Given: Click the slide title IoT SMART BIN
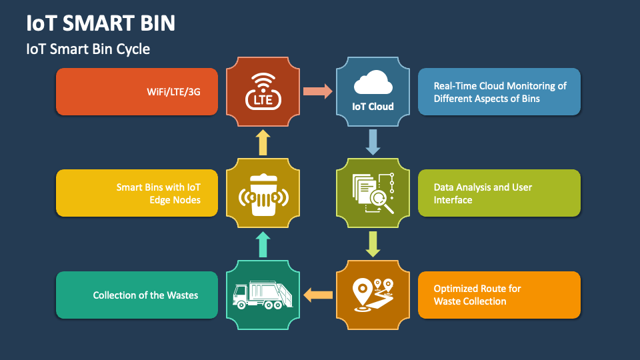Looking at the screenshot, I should pyautogui.click(x=101, y=23).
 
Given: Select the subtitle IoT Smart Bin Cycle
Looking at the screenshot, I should pyautogui.click(x=88, y=49).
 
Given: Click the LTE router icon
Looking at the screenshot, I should pyautogui.click(x=263, y=92).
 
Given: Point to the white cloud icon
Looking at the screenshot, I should pyautogui.click(x=373, y=84).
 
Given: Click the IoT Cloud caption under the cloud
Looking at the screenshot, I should pyautogui.click(x=373, y=106).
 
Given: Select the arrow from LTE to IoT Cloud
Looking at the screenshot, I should pyautogui.click(x=318, y=91).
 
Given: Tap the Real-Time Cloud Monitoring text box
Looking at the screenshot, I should pyautogui.click(x=499, y=92).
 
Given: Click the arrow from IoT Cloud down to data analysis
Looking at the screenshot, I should pyautogui.click(x=373, y=141).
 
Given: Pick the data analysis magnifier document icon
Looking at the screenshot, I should pyautogui.click(x=373, y=193).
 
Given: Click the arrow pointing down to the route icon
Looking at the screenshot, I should pyautogui.click(x=373, y=243).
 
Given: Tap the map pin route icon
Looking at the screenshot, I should pyautogui.click(x=373, y=294).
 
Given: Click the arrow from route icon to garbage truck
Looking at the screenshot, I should pyautogui.click(x=318, y=294).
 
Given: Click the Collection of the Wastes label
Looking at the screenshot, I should pyautogui.click(x=145, y=295).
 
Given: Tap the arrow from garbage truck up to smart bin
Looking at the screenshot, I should pyautogui.click(x=263, y=244).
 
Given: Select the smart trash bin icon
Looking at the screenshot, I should pyautogui.click(x=263, y=193).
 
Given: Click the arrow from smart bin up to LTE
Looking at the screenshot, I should pyautogui.click(x=263, y=142).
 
